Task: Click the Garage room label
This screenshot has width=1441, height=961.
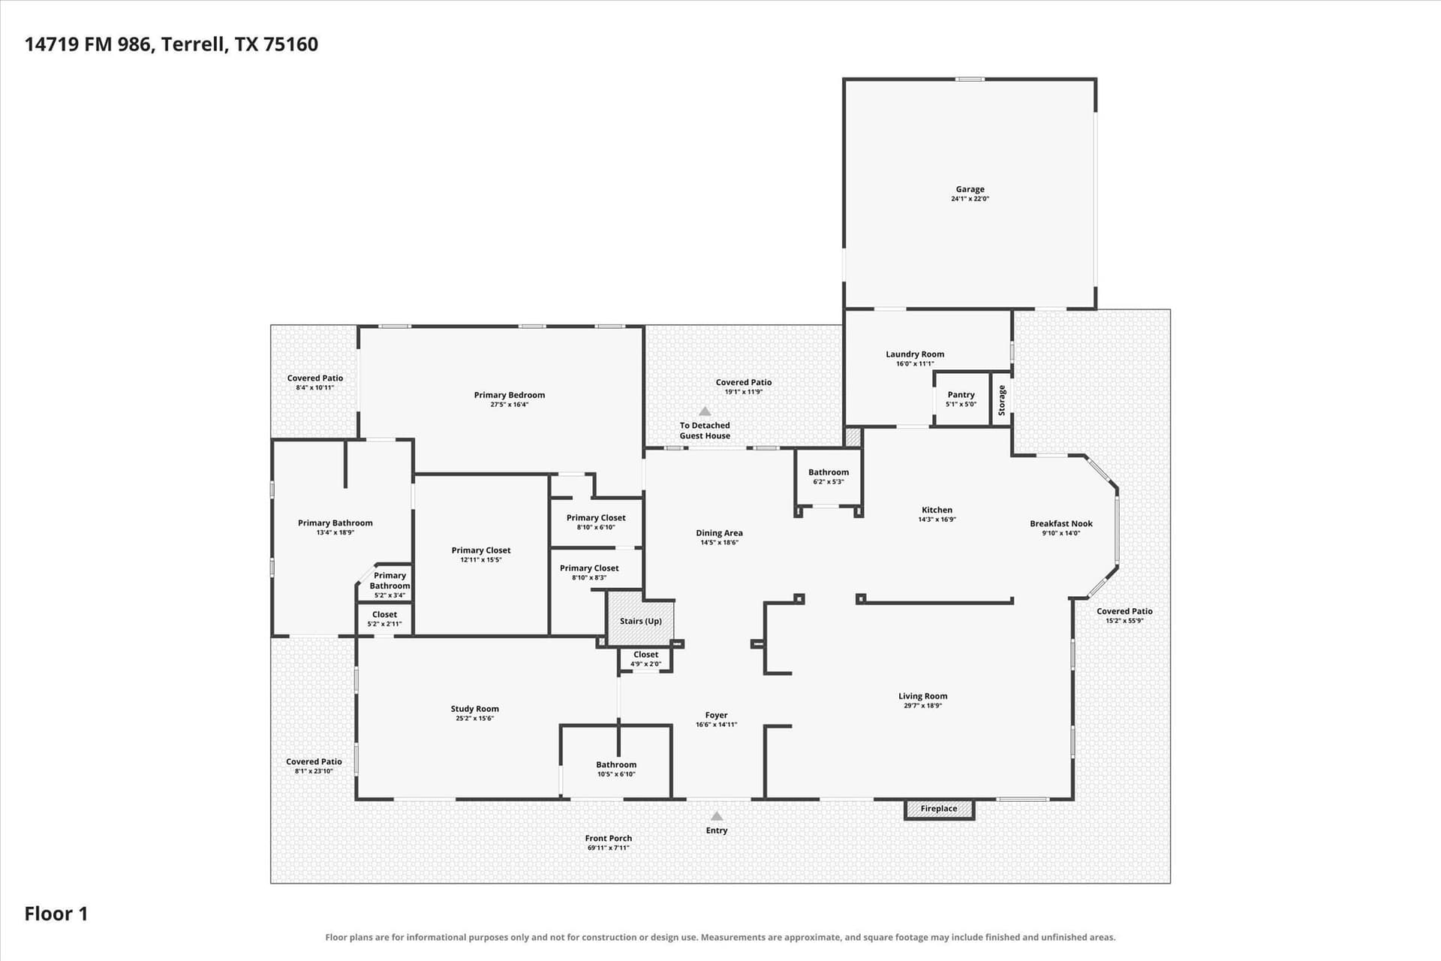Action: click(970, 189)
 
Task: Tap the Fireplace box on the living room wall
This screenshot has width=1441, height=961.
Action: click(939, 809)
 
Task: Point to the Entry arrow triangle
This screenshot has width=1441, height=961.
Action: click(717, 816)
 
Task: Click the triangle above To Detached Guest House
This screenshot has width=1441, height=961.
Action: click(705, 411)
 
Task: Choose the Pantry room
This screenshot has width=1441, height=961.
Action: click(961, 399)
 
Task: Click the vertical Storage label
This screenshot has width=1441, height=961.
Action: click(1001, 400)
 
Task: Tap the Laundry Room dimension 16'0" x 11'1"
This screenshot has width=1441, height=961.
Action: click(915, 364)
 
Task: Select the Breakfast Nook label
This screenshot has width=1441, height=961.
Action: click(1061, 523)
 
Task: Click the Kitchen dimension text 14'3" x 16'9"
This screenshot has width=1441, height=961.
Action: click(937, 520)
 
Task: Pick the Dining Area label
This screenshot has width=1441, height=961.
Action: click(719, 533)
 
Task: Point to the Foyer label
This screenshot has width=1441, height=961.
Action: click(716, 715)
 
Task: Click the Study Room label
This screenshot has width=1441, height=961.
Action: click(474, 709)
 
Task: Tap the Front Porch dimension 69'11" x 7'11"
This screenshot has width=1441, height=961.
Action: click(608, 848)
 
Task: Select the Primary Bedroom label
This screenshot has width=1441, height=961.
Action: click(510, 395)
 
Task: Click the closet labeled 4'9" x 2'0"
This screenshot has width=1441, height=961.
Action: click(645, 659)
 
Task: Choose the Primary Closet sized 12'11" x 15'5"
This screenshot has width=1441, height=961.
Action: click(481, 555)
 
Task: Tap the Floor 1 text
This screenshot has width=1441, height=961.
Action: click(56, 914)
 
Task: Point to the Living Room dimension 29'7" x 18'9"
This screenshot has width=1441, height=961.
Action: click(923, 706)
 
